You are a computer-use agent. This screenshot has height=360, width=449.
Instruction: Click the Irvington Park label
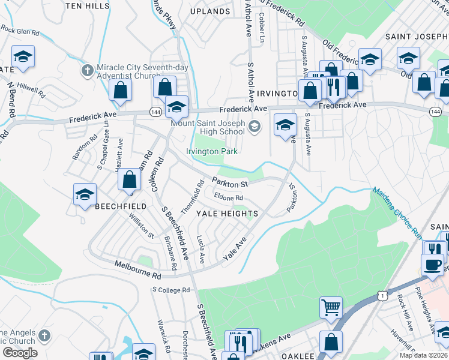(x=211, y=152)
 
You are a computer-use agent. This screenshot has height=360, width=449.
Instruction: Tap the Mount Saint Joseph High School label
(x=208, y=128)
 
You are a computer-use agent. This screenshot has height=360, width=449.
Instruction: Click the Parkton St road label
(x=230, y=182)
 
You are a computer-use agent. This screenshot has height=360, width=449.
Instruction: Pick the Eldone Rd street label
(x=229, y=197)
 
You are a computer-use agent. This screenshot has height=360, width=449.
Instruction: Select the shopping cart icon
(x=331, y=307)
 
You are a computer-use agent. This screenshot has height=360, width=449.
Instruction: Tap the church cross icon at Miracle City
(x=88, y=70)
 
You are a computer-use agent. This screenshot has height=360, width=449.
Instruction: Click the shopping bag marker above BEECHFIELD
(x=130, y=179)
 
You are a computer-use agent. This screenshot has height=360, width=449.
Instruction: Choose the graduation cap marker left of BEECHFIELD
(x=85, y=194)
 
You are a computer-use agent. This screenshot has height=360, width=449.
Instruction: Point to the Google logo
(x=20, y=352)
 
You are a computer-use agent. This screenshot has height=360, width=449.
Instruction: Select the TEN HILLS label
(x=86, y=5)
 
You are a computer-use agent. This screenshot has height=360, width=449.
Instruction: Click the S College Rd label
(x=170, y=290)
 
